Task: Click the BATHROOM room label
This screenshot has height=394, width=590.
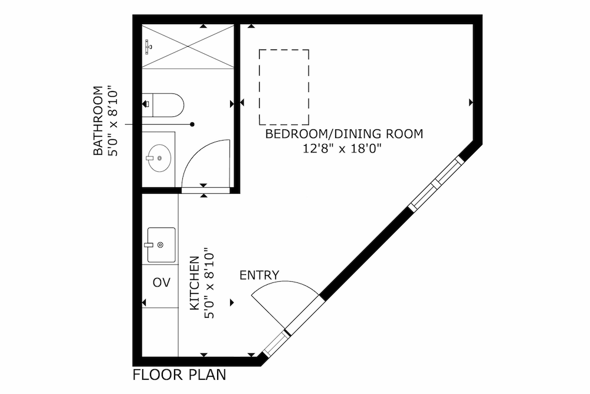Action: pos(98,121)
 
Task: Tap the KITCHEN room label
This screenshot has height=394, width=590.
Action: pos(194,284)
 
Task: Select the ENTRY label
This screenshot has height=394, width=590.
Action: pos(259,275)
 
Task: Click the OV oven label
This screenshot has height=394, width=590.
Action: pos(162,282)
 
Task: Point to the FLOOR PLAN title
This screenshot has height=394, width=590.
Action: pos(179,375)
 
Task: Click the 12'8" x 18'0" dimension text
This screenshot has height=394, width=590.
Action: pos(342,149)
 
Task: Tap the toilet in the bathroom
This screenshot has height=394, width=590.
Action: pos(163,105)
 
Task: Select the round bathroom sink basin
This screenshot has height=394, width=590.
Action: pos(159,158)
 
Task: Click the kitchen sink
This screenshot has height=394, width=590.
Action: pos(161,245)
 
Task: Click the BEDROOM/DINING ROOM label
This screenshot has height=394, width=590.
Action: pos(344,134)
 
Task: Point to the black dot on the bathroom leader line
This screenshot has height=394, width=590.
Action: pos(192,124)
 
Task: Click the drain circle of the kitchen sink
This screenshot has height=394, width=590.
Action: pos(160,245)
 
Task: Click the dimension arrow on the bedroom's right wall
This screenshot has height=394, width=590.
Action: pos(471,102)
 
